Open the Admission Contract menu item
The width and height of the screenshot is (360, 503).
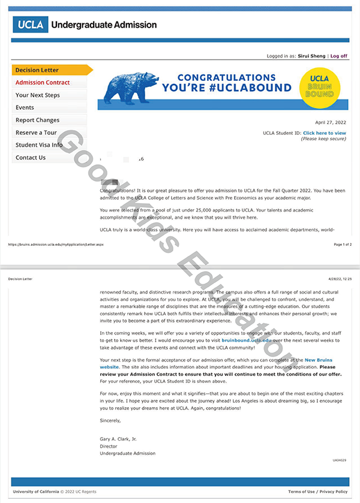[43, 83]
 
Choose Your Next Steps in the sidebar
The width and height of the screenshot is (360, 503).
[38, 95]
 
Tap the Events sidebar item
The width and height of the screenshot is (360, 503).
[25, 108]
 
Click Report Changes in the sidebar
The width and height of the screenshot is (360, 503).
[37, 120]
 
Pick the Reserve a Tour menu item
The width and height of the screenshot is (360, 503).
[36, 132]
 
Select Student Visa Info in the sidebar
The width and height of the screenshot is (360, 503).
[39, 145]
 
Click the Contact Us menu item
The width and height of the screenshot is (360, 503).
[31, 158]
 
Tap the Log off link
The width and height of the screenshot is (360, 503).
[338, 56]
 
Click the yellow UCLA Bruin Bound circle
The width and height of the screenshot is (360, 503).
[319, 86]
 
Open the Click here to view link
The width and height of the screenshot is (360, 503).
[324, 132]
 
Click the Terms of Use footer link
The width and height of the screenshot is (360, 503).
[302, 492]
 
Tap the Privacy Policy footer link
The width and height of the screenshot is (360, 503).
[334, 492]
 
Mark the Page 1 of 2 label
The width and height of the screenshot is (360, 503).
[342, 245]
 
